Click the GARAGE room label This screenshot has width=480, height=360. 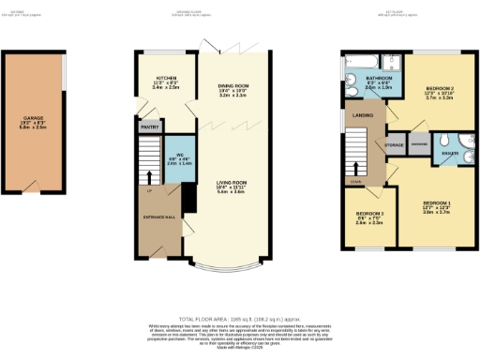pyautogui.click(x=33, y=119)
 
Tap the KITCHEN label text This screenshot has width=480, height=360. pyautogui.click(x=167, y=78)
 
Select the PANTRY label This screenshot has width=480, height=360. pyautogui.click(x=150, y=124)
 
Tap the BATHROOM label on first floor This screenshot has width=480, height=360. pyautogui.click(x=378, y=78)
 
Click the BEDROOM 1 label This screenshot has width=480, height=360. pyautogui.click(x=436, y=203)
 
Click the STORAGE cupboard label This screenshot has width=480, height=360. pyautogui.click(x=394, y=145)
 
